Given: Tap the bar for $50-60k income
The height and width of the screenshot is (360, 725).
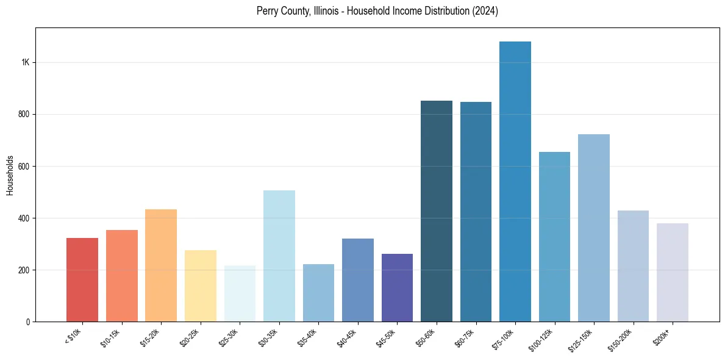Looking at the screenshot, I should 437,211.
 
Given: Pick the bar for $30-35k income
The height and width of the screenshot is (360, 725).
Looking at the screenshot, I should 279,256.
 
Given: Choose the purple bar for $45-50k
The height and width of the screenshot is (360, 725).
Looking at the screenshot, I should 397,287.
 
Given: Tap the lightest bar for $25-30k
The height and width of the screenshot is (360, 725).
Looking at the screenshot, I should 240,293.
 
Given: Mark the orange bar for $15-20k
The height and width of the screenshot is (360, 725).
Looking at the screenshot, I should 161,265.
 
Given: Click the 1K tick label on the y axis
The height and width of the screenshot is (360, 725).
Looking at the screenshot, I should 25,63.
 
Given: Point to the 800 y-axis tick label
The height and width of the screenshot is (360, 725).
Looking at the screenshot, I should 23,115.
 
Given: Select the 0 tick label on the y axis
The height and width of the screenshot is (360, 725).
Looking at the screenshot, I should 27,322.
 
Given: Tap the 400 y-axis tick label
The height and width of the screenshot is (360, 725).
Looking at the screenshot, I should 23,218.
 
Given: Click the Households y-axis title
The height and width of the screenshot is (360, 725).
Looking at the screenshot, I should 10,175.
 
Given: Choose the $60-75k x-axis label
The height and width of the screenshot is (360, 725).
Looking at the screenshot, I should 465,337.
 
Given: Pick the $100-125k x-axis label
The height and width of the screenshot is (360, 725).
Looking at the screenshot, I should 541,339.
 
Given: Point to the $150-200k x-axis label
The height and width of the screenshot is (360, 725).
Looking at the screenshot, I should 620,339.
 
